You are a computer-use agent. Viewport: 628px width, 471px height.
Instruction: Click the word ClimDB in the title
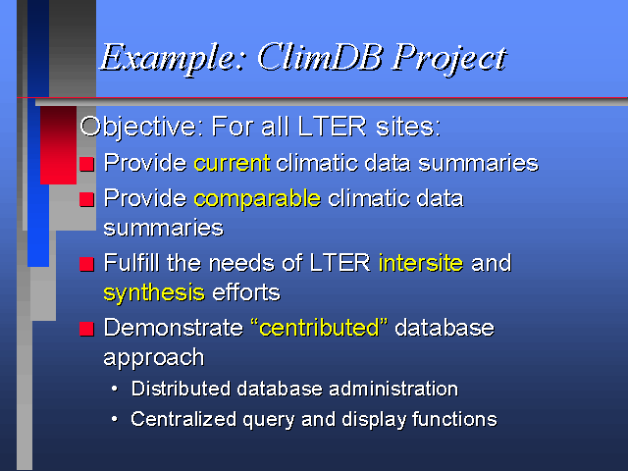[x=319, y=57]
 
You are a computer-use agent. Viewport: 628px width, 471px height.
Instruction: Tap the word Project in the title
[x=449, y=59]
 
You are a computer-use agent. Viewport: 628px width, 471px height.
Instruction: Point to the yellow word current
[x=232, y=163]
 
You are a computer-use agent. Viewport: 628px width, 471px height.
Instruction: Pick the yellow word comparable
[x=257, y=199]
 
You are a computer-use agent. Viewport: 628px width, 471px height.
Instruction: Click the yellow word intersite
[x=421, y=263]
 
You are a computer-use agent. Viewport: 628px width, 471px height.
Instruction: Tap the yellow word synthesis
[x=154, y=293]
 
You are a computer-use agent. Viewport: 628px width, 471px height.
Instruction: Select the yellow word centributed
[x=319, y=328]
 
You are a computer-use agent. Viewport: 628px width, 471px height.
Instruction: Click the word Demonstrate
[x=173, y=328]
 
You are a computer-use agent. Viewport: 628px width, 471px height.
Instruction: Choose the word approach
[x=154, y=357]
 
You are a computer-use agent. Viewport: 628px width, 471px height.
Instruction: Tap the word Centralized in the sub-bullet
[x=183, y=419]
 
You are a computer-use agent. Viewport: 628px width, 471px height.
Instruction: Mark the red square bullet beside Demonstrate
[x=86, y=329]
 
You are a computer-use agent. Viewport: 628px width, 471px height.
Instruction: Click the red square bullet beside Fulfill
[x=86, y=264]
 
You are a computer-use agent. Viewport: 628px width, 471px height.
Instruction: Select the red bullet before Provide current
[x=86, y=164]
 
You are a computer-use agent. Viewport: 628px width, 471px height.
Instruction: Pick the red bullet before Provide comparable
[x=86, y=199]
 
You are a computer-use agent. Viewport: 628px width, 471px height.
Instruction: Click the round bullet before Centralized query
[x=115, y=419]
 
